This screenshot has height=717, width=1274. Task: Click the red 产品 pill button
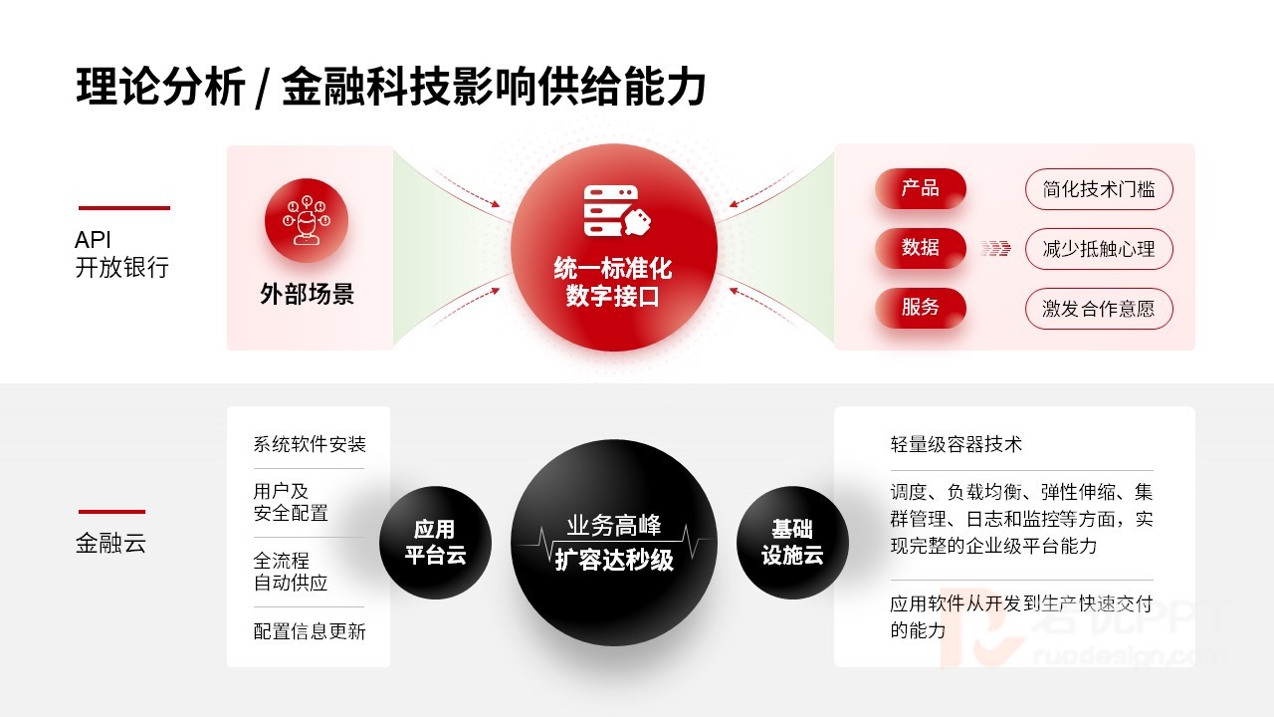tap(921, 188)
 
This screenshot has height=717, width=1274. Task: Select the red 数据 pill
tap(921, 248)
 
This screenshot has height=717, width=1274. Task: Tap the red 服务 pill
tap(921, 308)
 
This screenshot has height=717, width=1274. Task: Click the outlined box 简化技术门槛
tap(1099, 189)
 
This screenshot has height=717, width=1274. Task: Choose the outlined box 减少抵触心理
tap(1099, 249)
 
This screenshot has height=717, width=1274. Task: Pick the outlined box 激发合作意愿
tap(1099, 309)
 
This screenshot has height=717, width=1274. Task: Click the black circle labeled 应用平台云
tap(435, 543)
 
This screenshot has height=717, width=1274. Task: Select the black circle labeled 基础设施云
tap(792, 543)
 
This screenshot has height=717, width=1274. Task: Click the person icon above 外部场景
tap(307, 220)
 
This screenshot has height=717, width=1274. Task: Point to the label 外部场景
tap(308, 294)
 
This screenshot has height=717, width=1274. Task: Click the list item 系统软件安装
tap(310, 444)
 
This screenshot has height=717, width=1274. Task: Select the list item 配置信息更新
tap(310, 631)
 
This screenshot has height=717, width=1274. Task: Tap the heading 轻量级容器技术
tap(956, 444)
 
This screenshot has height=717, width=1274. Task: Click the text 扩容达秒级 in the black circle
tap(614, 560)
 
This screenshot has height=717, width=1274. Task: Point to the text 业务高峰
tap(614, 525)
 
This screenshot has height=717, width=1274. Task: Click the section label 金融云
tap(110, 543)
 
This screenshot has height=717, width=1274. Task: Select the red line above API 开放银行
tap(124, 208)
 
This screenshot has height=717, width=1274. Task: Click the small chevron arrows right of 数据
tap(995, 249)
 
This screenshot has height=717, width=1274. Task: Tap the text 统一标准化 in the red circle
tap(612, 269)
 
